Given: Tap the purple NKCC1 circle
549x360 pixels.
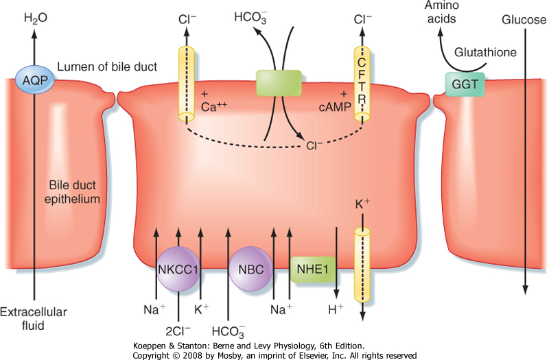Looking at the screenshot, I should click(x=178, y=269).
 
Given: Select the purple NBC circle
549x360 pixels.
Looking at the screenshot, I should click(x=247, y=269).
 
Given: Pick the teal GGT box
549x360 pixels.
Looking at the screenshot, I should click(x=463, y=85).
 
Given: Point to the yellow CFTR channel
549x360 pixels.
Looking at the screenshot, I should click(x=362, y=85).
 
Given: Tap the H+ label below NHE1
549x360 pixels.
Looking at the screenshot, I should click(x=336, y=310).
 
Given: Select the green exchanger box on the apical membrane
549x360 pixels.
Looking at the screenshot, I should click(x=277, y=82).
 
